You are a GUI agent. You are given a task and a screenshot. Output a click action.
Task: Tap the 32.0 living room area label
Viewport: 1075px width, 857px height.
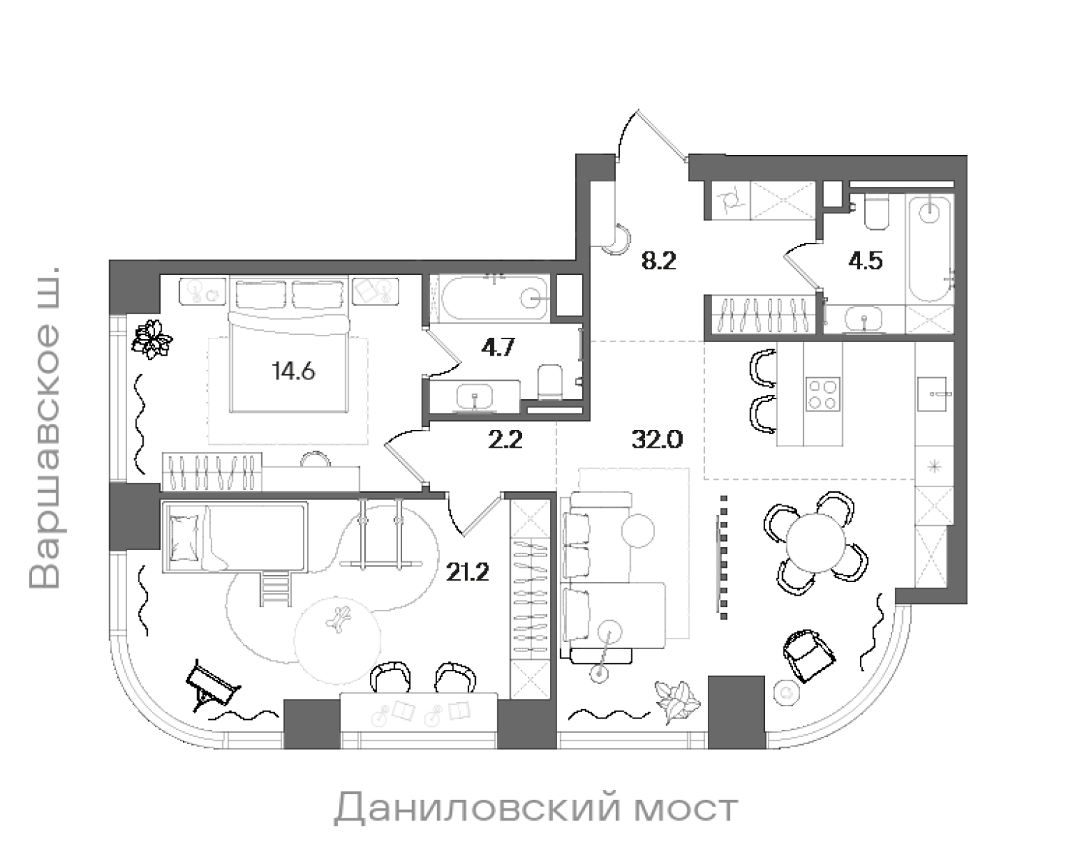click(x=657, y=438)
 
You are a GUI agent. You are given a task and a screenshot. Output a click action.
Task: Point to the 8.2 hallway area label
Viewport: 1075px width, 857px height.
click(x=658, y=261)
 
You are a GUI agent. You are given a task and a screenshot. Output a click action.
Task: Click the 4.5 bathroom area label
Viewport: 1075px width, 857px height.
click(x=865, y=261)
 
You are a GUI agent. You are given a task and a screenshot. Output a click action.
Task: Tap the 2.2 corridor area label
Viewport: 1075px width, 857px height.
click(x=505, y=438)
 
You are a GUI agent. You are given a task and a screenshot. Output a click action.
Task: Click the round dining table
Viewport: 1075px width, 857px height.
click(x=815, y=543)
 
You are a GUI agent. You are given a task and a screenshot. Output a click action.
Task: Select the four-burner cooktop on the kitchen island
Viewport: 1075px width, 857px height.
click(x=823, y=394)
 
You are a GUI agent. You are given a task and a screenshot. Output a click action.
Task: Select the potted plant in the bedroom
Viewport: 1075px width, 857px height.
click(x=153, y=339)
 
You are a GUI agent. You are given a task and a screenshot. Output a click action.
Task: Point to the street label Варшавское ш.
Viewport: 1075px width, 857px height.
click(x=46, y=428)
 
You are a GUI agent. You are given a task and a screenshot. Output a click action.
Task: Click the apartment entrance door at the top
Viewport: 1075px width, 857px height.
click(x=652, y=136)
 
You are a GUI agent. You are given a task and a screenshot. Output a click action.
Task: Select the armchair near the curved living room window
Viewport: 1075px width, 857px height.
click(x=806, y=651)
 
